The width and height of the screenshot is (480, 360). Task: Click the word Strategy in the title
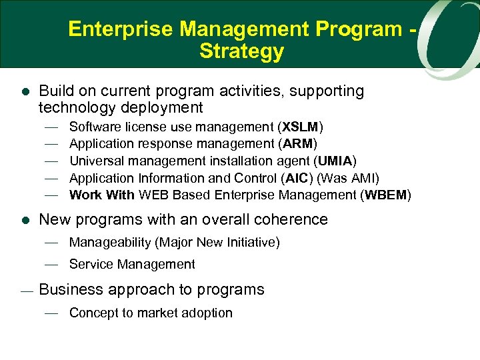(x=241, y=51)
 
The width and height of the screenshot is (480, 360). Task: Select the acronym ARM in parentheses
(x=300, y=143)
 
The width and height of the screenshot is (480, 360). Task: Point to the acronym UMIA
(x=336, y=161)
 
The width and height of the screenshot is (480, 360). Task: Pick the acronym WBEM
(x=386, y=195)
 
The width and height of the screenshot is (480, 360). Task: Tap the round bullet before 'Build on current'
(x=25, y=92)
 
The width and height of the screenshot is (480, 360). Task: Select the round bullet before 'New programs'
(x=25, y=220)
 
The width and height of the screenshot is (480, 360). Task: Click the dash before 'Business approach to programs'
(x=25, y=291)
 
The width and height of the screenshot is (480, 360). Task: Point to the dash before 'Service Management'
(x=53, y=265)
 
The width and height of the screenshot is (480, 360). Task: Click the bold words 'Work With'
(x=101, y=195)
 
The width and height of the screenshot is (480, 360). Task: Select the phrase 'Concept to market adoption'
(x=151, y=313)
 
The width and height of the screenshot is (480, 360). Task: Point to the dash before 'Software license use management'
(x=53, y=127)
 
